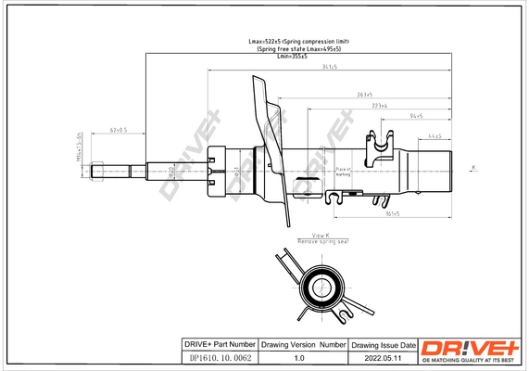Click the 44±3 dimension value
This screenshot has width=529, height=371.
pos(435,136)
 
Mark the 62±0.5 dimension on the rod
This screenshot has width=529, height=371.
pos(120,132)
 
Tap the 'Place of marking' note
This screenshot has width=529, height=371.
pos(343,172)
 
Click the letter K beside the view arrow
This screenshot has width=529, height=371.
pos(473,167)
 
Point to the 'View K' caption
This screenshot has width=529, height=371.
pos(321,236)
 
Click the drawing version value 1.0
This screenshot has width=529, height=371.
pos(299,357)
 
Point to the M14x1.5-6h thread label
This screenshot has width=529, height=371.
pos(81,147)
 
